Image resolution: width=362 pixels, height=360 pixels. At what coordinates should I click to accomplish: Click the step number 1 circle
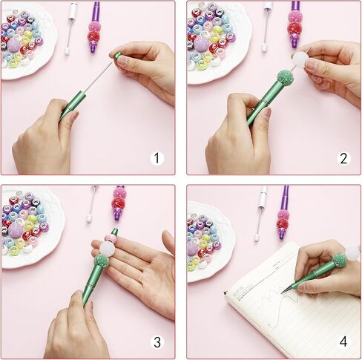click(157, 158)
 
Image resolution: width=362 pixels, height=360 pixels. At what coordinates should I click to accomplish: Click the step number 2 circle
click(343, 158)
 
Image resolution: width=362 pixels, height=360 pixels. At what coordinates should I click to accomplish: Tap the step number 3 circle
click(157, 342)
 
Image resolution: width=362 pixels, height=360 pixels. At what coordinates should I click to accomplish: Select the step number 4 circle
click(343, 342)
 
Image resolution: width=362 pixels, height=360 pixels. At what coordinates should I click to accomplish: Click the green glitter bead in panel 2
click(284, 77)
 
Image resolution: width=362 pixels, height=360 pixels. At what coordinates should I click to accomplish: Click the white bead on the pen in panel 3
click(106, 248)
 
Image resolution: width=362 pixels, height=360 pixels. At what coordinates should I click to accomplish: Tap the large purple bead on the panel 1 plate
click(13, 45)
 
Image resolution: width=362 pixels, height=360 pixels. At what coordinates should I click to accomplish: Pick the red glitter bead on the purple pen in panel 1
click(94, 36)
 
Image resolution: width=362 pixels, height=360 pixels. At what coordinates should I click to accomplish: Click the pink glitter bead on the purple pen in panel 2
click(295, 16)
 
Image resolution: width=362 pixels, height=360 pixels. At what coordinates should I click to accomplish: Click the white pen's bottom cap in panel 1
click(67, 52)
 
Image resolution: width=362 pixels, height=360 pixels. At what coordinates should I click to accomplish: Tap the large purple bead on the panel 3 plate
click(16, 230)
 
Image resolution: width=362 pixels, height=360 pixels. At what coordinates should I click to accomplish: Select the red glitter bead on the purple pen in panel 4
click(283, 225)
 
